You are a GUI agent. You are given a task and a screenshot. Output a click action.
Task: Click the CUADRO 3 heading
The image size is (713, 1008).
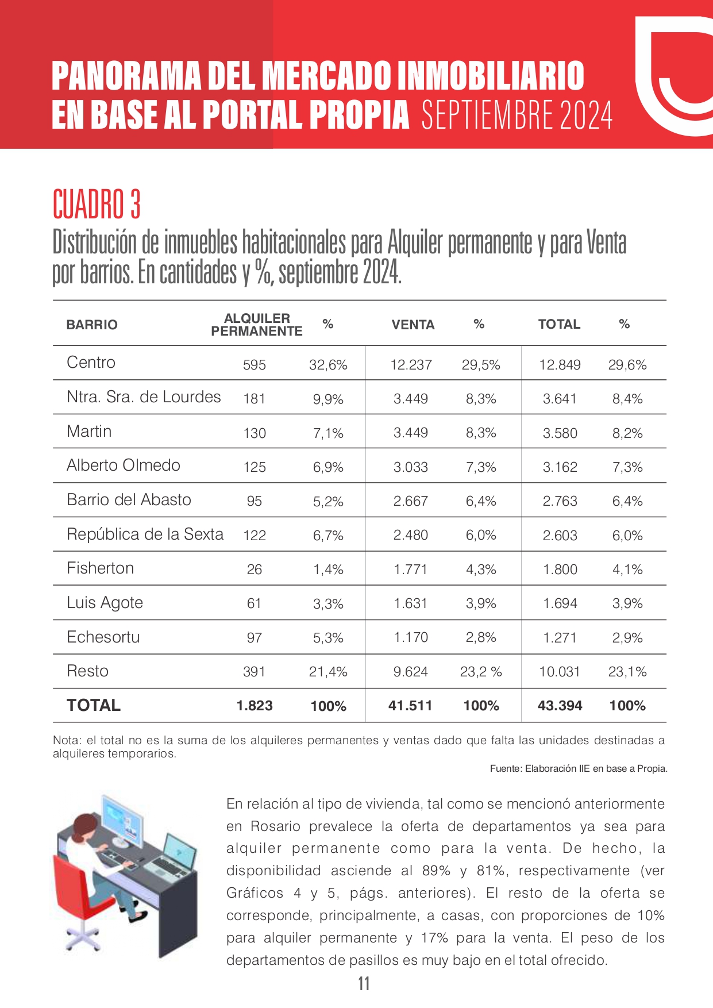point(97,204)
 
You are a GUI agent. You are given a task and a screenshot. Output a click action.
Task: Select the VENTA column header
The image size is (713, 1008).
point(413,325)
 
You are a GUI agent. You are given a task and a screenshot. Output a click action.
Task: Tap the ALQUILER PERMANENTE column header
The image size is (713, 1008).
point(257,325)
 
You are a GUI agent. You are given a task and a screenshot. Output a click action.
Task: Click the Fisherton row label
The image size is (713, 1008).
point(101,568)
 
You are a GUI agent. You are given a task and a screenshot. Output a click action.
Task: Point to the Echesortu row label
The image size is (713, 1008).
point(103,637)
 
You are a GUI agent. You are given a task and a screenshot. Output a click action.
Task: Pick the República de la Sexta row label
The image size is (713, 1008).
point(145,534)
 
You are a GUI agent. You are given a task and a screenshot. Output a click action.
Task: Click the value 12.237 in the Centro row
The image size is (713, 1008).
point(411,365)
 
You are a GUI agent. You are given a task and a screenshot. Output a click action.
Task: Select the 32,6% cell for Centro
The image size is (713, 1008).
point(328,365)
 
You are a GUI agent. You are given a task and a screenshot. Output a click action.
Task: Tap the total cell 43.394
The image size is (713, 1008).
point(560,706)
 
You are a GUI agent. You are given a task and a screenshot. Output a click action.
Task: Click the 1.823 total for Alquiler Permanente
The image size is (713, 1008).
point(255,706)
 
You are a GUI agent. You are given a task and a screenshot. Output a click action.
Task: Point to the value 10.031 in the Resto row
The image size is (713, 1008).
point(560,672)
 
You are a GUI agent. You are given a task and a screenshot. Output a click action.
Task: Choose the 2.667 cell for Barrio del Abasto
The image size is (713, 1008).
point(411,501)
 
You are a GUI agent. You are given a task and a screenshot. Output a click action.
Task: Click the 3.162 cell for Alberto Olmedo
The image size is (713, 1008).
point(560,467)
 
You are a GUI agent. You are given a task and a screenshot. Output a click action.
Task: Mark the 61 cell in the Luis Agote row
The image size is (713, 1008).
point(254,603)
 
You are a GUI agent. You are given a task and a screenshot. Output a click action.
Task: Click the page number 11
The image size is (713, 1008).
point(364,984)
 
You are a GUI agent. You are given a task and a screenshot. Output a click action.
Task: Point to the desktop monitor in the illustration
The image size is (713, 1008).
point(122,819)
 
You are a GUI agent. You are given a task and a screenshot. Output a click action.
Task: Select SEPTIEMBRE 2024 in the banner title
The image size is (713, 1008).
point(517,115)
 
